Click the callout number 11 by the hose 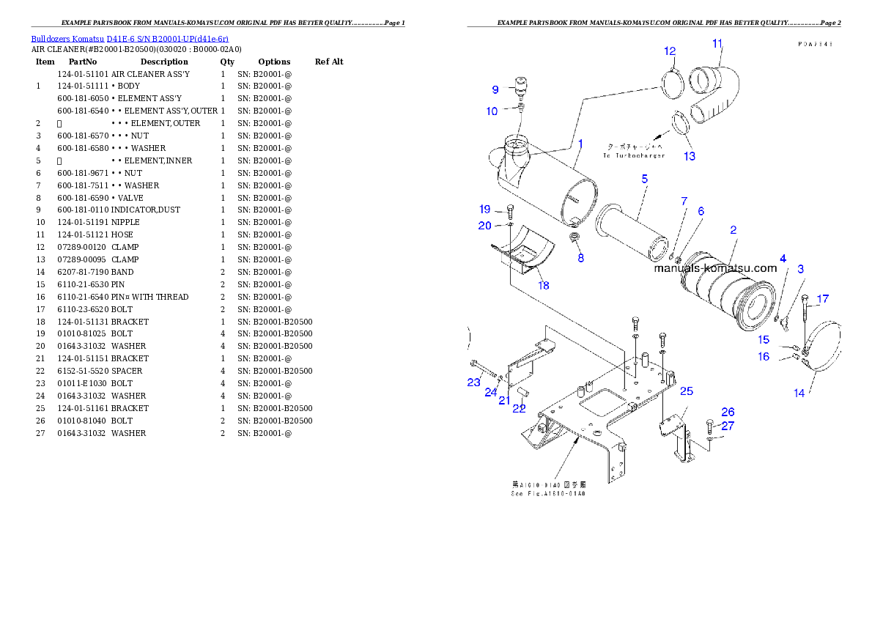pos(717,43)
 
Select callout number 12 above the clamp pos(670,51)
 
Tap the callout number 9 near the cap pos(495,89)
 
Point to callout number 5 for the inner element pos(645,178)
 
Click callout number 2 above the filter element pos(734,229)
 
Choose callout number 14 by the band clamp pos(799,393)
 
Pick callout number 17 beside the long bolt pos(823,299)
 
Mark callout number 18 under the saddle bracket pos(543,286)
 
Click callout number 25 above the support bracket pos(687,392)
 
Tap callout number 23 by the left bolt pos(473,382)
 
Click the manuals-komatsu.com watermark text pos(715,268)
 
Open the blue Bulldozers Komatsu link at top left pos(130,38)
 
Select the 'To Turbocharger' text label pos(635,155)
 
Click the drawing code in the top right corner pos(815,44)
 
